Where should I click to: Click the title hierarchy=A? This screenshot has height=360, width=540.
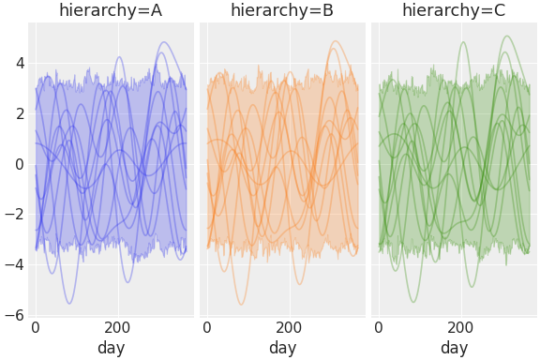[x=111, y=10]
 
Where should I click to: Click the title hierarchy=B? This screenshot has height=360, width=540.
[x=282, y=10]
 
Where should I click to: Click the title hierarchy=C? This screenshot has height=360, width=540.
[x=454, y=10]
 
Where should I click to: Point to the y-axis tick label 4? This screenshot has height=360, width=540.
[x=19, y=64]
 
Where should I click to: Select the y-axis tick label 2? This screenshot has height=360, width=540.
[x=19, y=114]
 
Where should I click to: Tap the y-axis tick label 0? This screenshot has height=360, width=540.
[x=19, y=164]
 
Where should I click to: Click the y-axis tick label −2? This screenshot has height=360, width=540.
[x=15, y=215]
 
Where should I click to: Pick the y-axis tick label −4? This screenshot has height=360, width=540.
[x=15, y=265]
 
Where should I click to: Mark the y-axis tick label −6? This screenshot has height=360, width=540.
[x=15, y=315]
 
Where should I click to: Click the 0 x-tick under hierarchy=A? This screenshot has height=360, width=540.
[x=36, y=328]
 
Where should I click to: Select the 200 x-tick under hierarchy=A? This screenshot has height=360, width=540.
[x=117, y=328]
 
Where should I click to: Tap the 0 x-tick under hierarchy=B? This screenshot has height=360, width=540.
[x=207, y=328]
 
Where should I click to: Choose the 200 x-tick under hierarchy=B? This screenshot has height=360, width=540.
[x=289, y=328]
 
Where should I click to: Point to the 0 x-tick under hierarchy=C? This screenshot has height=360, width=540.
[x=379, y=328]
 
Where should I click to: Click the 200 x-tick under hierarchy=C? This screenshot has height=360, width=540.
[x=460, y=328]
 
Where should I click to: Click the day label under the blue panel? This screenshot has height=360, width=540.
[x=111, y=348]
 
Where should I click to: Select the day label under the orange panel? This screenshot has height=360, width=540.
[x=282, y=348]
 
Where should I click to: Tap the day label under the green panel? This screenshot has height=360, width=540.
[x=454, y=348]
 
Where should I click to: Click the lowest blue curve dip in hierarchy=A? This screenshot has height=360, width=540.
[x=69, y=303]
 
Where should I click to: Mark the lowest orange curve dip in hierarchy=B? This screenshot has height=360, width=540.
[x=241, y=304]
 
